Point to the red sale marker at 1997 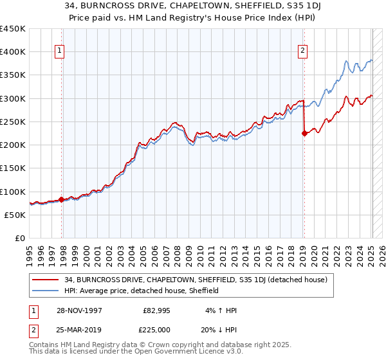pyautogui.click(x=62, y=199)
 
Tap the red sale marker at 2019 pyautogui.click(x=304, y=134)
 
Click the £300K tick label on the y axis pyautogui.click(x=13, y=98)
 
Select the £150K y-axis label pyautogui.click(x=13, y=168)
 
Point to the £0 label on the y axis pyautogui.click(x=20, y=239)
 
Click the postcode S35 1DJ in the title pyautogui.click(x=270, y=6)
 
